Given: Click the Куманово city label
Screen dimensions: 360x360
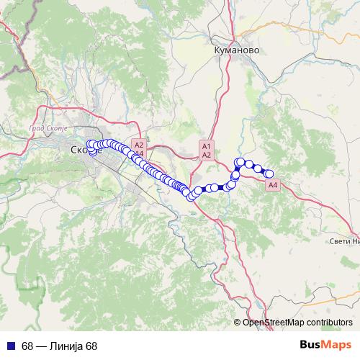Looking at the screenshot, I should [235, 51].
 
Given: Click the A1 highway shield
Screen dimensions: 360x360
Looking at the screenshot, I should [206, 145].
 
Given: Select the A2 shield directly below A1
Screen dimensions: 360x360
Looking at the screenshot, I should [206, 154].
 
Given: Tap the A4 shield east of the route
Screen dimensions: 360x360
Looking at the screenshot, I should [272, 186].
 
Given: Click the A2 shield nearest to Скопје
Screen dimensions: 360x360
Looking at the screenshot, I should [140, 145].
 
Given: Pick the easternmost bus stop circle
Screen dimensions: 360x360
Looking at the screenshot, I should [270, 174].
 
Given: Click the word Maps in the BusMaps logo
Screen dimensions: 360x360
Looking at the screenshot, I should [337, 345].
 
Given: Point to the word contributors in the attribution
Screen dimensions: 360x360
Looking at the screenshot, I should [330, 322].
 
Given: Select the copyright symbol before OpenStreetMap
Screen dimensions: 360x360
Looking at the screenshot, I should [238, 322].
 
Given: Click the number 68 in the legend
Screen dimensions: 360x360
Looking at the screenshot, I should [27, 346].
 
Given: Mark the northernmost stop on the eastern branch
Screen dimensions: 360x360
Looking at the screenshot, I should [240, 162].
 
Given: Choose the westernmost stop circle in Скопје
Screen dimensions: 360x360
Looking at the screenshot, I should [90, 145].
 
